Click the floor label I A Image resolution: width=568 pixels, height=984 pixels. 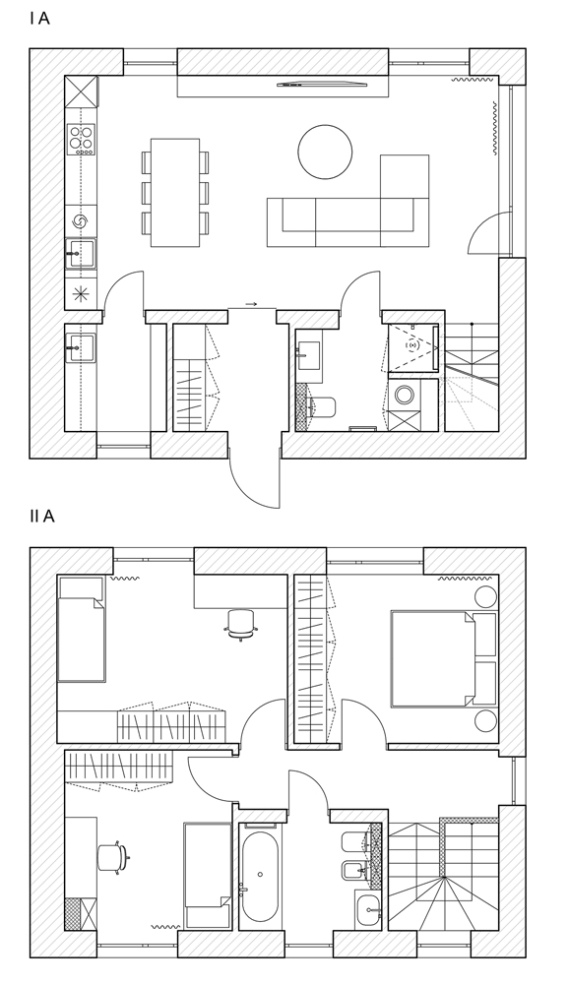click(39, 19)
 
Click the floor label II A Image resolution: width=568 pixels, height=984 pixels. click(42, 517)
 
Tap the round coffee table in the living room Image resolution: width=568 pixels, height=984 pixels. click(325, 153)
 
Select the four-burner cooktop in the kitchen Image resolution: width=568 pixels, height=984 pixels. click(82, 140)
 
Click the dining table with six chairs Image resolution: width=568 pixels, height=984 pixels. click(175, 193)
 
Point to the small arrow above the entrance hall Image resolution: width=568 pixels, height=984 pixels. click(251, 304)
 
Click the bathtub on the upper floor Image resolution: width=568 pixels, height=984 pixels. click(259, 877)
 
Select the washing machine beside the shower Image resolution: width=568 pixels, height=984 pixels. click(405, 395)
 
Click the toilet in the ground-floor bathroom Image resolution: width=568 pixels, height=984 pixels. click(323, 407)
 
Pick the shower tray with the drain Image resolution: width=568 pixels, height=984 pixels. click(413, 347)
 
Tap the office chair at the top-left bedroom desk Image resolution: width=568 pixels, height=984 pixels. click(241, 625)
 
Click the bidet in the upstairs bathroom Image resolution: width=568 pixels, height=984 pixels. click(356, 870)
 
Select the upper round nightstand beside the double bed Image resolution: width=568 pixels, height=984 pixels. click(485, 595)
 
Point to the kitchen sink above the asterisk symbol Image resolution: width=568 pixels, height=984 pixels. click(81, 254)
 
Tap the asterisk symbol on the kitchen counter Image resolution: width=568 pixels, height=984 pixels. click(81, 293)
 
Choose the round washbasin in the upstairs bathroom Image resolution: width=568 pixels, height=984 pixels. click(368, 907)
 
